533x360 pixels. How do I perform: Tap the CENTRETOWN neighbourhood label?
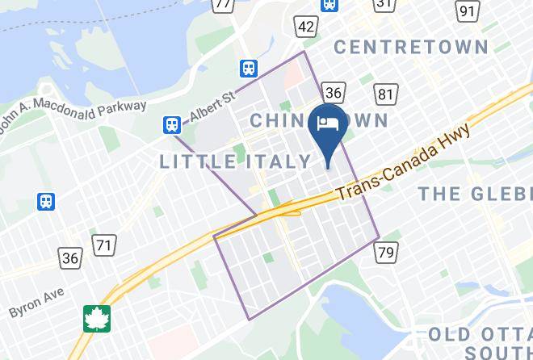[x=418, y=46]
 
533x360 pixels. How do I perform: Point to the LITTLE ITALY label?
[x=234, y=161]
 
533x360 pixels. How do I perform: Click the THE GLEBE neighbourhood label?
[x=475, y=193]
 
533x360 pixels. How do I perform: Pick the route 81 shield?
[x=387, y=95]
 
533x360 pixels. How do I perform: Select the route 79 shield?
[x=386, y=253]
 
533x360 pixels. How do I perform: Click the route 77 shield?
[x=222, y=4]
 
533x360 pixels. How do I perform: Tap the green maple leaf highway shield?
[x=98, y=318]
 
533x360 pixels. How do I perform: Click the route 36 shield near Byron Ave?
[x=70, y=258]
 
